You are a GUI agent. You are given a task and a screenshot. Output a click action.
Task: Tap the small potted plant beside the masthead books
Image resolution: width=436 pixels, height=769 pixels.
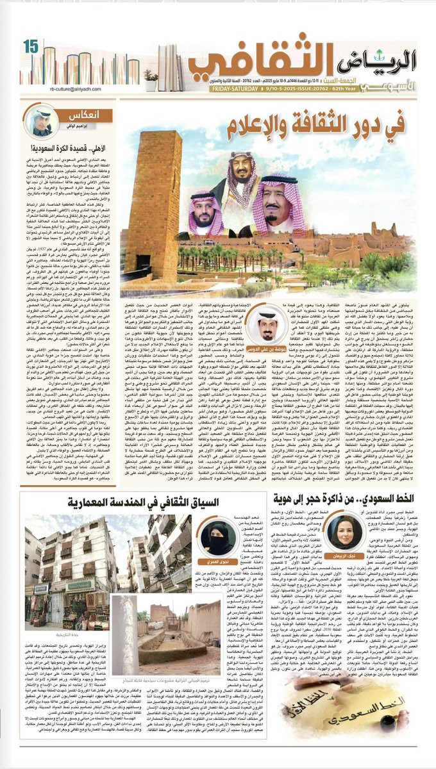(151, 79)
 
